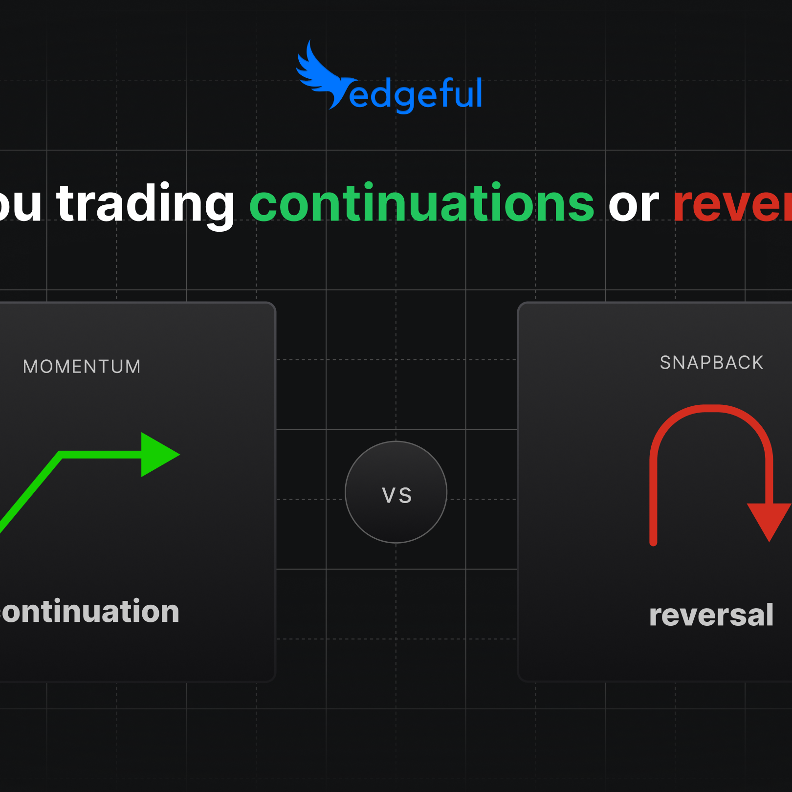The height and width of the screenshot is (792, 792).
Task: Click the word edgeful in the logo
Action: pyautogui.click(x=416, y=94)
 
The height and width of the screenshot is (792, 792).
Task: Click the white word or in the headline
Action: pyautogui.click(x=634, y=205)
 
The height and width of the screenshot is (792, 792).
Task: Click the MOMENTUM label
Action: pyautogui.click(x=82, y=367)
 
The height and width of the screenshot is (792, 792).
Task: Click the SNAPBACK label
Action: pyautogui.click(x=711, y=363)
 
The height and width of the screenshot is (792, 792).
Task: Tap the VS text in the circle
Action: pyautogui.click(x=396, y=495)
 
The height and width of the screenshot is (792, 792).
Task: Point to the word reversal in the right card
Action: pyautogui.click(x=711, y=615)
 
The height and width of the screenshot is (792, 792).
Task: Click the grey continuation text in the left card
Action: pyautogui.click(x=90, y=612)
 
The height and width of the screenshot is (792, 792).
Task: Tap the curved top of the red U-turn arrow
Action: pyautogui.click(x=711, y=409)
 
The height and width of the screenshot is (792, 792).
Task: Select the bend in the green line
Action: pyautogui.click(x=61, y=455)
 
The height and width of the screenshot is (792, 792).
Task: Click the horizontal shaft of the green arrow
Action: pyautogui.click(x=103, y=455)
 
